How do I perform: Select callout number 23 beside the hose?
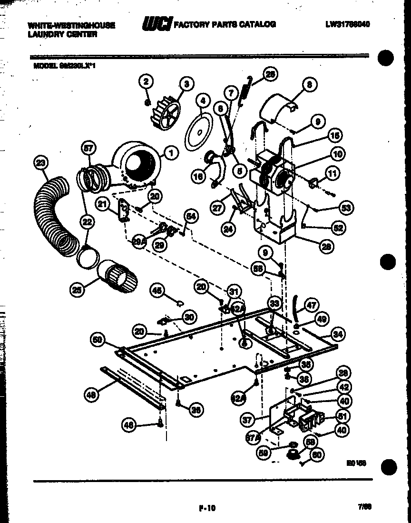click(x=41, y=163)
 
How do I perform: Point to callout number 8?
click(x=309, y=86)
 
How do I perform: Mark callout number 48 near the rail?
click(x=91, y=394)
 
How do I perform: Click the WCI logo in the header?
click(x=157, y=24)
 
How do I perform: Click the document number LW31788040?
click(x=347, y=24)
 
